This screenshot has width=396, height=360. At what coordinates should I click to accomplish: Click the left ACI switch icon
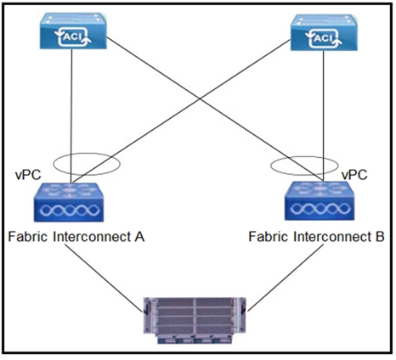click(73, 31)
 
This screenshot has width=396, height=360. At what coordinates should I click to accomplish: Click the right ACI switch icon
click(324, 32)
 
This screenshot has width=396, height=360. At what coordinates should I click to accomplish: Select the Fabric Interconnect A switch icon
click(69, 202)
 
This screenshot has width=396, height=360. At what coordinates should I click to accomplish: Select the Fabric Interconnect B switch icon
click(320, 200)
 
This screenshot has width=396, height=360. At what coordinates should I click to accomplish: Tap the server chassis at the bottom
click(195, 320)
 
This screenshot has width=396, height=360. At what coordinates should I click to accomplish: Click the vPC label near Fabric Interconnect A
click(28, 175)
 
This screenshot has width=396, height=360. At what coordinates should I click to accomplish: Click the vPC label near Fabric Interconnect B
click(354, 175)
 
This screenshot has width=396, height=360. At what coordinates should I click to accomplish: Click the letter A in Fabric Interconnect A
click(139, 237)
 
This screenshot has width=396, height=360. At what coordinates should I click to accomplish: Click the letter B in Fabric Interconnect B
click(380, 237)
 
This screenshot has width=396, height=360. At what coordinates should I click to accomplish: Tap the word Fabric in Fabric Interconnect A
click(28, 237)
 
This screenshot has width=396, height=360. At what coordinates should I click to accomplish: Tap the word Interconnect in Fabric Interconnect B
click(332, 237)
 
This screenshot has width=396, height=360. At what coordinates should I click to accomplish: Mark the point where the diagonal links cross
click(200, 98)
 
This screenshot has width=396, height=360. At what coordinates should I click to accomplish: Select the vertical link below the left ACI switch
click(71, 116)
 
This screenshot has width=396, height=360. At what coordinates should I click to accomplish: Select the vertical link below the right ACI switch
click(324, 115)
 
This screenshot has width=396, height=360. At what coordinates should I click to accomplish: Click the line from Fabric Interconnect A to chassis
click(104, 278)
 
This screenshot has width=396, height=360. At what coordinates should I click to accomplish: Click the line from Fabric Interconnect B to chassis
click(286, 278)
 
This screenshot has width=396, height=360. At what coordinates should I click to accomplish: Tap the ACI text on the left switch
click(73, 37)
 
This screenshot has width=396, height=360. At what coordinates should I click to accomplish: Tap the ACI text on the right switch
click(323, 38)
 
